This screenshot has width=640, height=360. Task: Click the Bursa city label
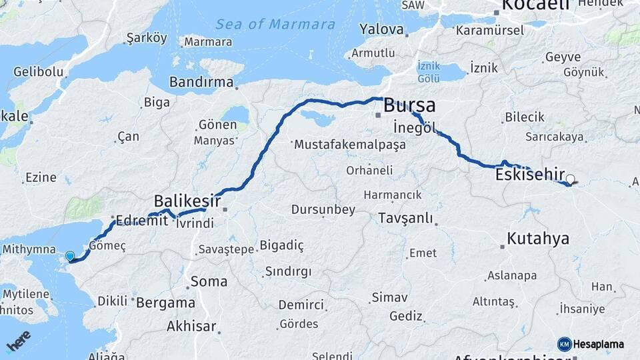(409, 105)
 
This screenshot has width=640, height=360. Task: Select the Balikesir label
(187, 200)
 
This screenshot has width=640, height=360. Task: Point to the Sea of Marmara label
(275, 25)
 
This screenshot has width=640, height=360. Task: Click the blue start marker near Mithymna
(70, 256)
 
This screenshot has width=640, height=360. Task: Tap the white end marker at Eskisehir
(570, 179)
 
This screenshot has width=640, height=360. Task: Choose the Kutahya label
(538, 238)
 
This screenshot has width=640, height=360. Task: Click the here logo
(18, 341)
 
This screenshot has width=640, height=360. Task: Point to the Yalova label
(382, 29)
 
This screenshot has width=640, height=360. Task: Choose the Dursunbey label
(323, 209)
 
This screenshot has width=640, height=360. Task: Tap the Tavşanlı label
(405, 218)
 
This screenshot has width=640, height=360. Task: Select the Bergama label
(166, 302)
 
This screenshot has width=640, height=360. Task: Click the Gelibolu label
(38, 72)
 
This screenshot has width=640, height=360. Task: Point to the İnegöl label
(414, 127)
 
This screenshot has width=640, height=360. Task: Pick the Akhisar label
(192, 326)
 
